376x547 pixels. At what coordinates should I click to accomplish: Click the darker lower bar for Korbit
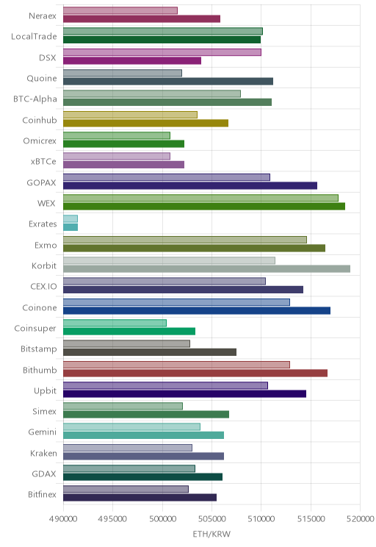tap(206, 268)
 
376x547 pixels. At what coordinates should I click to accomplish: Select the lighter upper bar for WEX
tap(200, 198)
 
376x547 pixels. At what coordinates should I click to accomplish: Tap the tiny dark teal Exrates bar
tap(70, 227)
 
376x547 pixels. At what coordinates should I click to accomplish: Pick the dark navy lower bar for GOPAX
tap(190, 185)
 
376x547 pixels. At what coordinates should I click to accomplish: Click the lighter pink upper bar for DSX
tap(162, 52)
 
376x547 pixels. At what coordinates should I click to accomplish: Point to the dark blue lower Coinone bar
tap(197, 310)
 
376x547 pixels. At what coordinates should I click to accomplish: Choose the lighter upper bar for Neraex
tap(120, 10)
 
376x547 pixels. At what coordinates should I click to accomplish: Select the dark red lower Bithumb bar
tap(195, 373)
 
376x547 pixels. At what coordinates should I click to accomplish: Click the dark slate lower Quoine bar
tap(168, 82)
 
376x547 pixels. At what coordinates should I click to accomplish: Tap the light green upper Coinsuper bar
tap(115, 323)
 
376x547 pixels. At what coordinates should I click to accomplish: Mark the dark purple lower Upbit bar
tap(184, 394)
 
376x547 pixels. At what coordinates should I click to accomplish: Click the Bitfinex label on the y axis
tap(42, 494)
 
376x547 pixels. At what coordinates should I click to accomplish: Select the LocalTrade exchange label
tap(34, 36)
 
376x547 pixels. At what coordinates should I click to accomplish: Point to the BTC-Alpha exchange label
tap(35, 99)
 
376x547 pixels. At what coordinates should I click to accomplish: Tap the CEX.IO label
tap(43, 287)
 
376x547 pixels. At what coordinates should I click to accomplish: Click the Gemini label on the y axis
tap(42, 432)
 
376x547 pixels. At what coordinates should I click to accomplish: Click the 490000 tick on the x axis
tap(63, 519)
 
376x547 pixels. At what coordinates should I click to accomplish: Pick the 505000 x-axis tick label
tap(211, 519)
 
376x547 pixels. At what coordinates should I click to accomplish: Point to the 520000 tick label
tap(360, 519)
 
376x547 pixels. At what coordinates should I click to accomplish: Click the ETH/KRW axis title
tap(211, 534)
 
